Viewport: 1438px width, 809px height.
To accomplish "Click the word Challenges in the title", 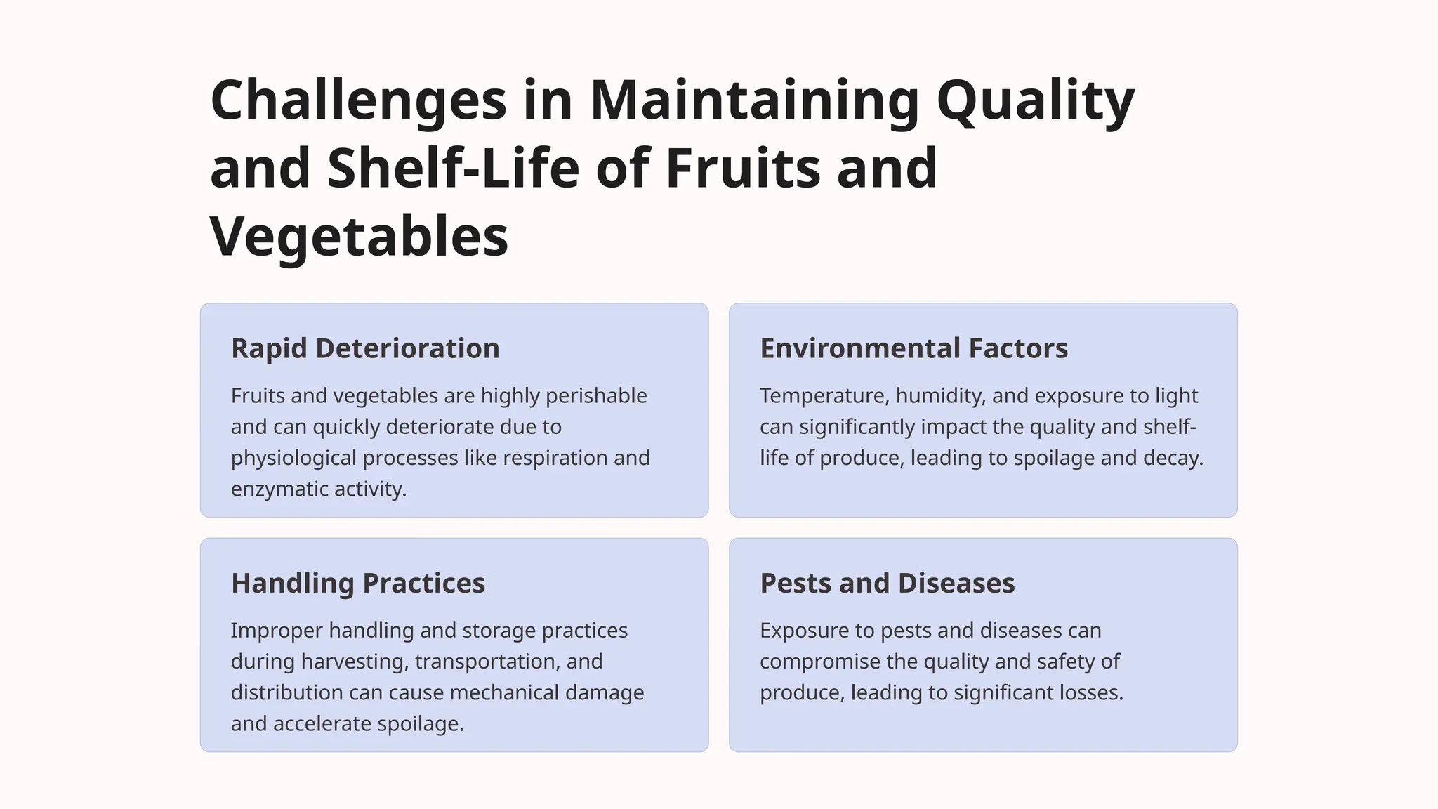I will click(358, 100).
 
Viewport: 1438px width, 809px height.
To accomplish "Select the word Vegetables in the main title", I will click(359, 237).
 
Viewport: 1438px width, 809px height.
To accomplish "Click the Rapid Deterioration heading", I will click(365, 348).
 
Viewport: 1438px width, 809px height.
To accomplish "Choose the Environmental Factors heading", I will click(913, 348).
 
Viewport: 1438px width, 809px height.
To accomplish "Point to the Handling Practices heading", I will click(358, 583).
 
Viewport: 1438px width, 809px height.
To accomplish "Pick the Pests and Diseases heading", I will click(887, 583).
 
